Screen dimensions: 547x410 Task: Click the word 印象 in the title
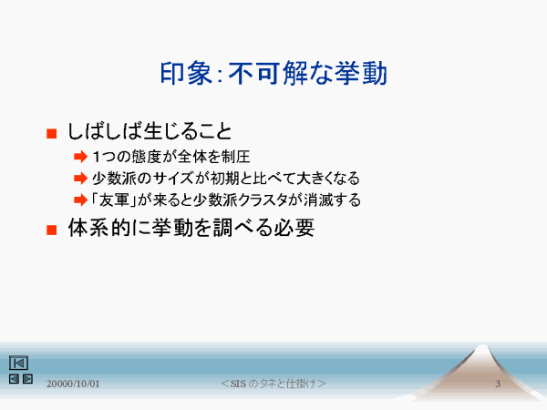tap(186, 73)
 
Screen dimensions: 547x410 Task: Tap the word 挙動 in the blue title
tap(361, 73)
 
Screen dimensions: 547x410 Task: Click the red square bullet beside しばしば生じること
tap(52, 134)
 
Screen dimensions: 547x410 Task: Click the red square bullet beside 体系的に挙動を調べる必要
tap(52, 230)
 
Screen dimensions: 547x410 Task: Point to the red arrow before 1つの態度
tap(80, 157)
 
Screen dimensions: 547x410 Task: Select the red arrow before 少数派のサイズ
tap(80, 179)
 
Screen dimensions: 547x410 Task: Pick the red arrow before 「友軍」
tap(80, 200)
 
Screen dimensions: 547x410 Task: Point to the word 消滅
tap(318, 200)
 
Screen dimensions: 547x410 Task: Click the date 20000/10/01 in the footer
tap(73, 384)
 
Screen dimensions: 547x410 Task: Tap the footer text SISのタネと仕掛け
tap(273, 384)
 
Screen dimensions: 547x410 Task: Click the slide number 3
tap(498, 384)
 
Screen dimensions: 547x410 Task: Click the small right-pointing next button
tap(27, 379)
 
